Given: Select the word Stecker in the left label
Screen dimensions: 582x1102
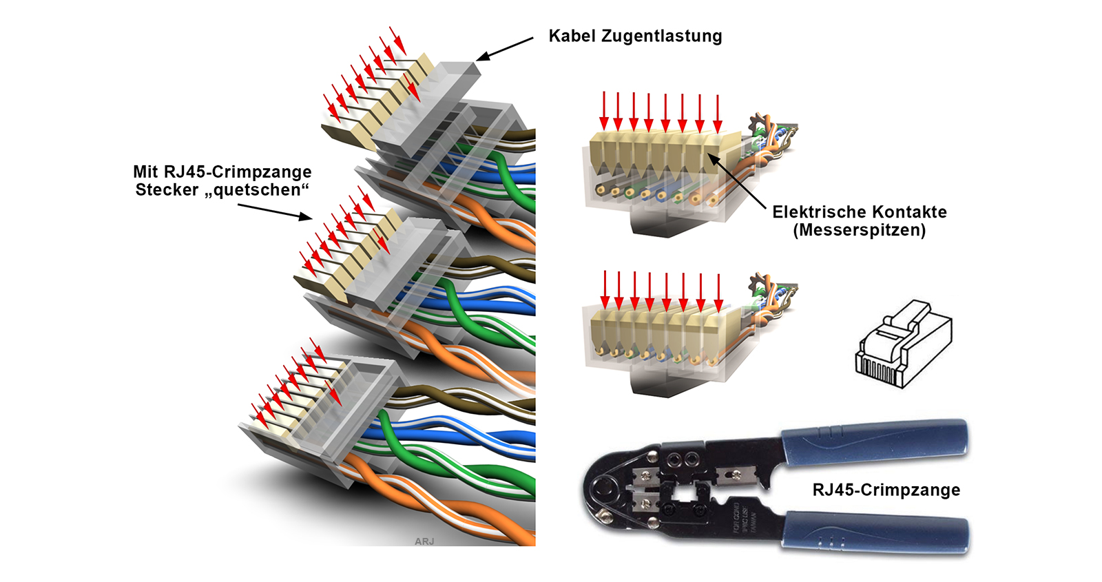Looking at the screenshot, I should (167, 190).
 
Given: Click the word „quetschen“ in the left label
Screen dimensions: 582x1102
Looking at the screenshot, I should (261, 190).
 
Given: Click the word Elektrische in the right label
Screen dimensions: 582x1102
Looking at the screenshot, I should (815, 212).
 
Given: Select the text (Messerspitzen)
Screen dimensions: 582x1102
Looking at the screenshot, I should (859, 230).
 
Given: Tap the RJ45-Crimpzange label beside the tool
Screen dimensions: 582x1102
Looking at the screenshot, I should (886, 490).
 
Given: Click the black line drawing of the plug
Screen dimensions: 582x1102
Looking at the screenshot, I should (903, 344).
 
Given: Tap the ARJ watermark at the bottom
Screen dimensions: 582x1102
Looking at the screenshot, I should (424, 541).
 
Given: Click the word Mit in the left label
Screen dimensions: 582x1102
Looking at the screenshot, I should (145, 172).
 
